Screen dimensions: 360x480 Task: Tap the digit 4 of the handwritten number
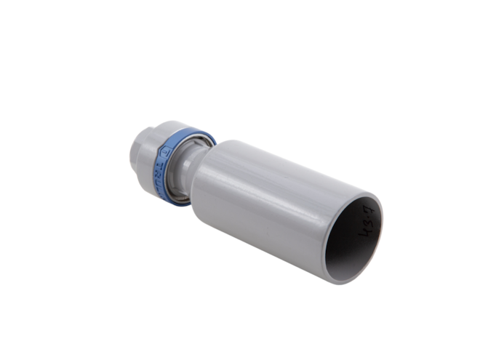pos(364,236)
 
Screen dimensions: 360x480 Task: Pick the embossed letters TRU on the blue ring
pos(161,175)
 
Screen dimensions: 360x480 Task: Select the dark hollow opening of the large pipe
pos(351,240)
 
